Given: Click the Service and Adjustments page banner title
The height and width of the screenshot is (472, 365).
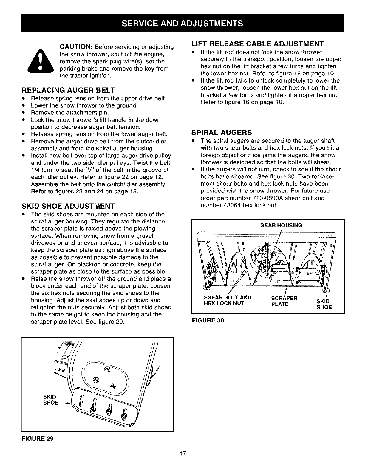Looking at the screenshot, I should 182,23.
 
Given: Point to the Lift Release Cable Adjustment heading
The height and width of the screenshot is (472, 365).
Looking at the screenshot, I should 257,44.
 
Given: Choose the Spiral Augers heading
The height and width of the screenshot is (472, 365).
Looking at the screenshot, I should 221,132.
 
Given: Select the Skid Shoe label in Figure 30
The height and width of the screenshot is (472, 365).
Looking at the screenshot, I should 324,304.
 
